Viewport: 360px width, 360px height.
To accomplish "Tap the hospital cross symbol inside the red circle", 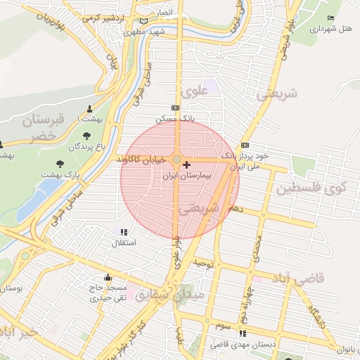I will point(186,165).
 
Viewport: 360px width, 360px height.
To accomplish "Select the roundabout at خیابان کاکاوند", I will point(176,160).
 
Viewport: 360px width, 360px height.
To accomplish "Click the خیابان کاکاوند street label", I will point(143,160).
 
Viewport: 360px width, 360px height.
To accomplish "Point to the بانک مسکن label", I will point(177,118).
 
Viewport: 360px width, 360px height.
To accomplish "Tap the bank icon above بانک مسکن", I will point(175,108).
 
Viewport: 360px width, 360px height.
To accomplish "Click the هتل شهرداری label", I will point(331,28).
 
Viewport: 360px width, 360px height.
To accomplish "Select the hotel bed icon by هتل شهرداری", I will point(331,18).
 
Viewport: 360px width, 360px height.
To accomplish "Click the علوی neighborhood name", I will point(192,92).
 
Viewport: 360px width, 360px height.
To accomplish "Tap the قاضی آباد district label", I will point(302,278).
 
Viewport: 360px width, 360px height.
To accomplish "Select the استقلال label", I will point(124,243).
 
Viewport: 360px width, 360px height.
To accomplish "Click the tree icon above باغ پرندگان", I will point(86,136).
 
